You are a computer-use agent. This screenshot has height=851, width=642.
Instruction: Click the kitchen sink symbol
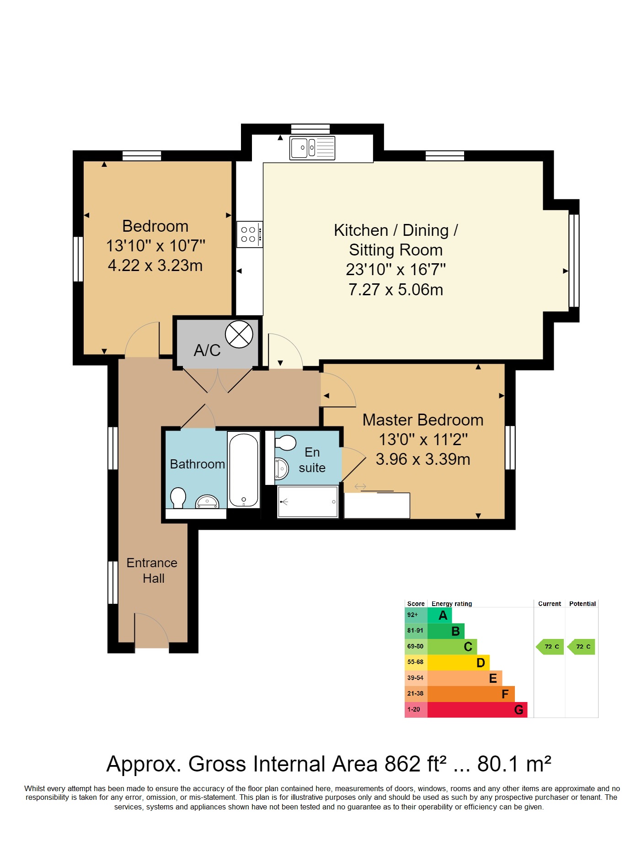[312, 148]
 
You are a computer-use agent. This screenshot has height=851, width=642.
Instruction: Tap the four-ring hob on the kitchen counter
[250, 234]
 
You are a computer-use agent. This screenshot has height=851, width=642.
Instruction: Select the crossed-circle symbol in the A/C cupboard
[239, 334]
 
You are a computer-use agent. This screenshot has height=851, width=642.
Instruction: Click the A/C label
[207, 351]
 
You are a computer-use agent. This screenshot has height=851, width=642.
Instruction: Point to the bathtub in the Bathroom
[244, 470]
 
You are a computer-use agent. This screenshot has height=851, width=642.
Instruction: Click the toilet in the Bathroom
[178, 498]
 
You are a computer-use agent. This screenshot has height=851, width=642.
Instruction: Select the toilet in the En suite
[285, 442]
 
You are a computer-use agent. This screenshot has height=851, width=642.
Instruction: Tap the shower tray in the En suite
[308, 502]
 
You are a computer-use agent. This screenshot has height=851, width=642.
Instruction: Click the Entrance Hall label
[152, 570]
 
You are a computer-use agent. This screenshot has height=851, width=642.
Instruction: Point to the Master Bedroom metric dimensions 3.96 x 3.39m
[423, 459]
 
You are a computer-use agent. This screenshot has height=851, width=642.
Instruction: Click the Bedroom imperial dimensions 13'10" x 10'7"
[155, 246]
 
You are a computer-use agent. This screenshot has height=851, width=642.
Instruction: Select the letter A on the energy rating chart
[443, 616]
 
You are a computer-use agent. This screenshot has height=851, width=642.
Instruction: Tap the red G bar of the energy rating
[477, 710]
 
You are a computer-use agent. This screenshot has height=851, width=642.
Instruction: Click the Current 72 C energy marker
[550, 647]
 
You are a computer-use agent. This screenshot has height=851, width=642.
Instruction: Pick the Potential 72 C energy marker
[581, 647]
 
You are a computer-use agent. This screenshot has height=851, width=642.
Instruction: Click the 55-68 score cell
[416, 662]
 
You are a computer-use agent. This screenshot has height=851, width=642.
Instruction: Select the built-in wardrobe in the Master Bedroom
[377, 505]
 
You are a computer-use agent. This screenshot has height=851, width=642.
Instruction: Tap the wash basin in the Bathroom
[207, 501]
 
